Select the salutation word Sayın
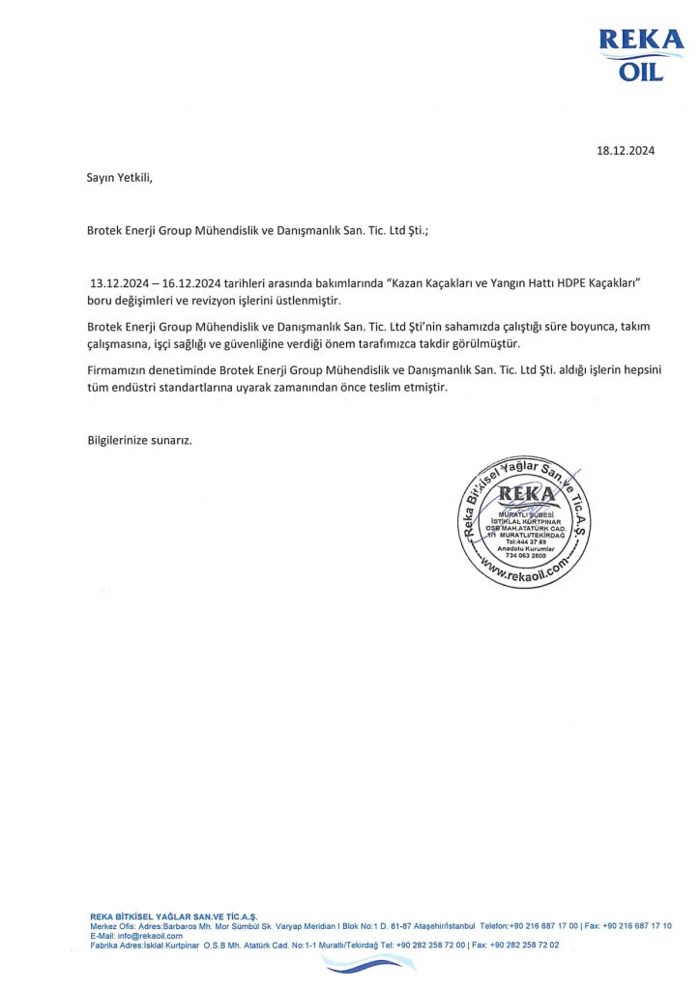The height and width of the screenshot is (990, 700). click(102, 177)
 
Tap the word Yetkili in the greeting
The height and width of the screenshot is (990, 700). click(134, 177)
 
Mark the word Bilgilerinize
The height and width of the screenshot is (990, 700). click(121, 440)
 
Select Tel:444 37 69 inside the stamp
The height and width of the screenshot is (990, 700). click(524, 543)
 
